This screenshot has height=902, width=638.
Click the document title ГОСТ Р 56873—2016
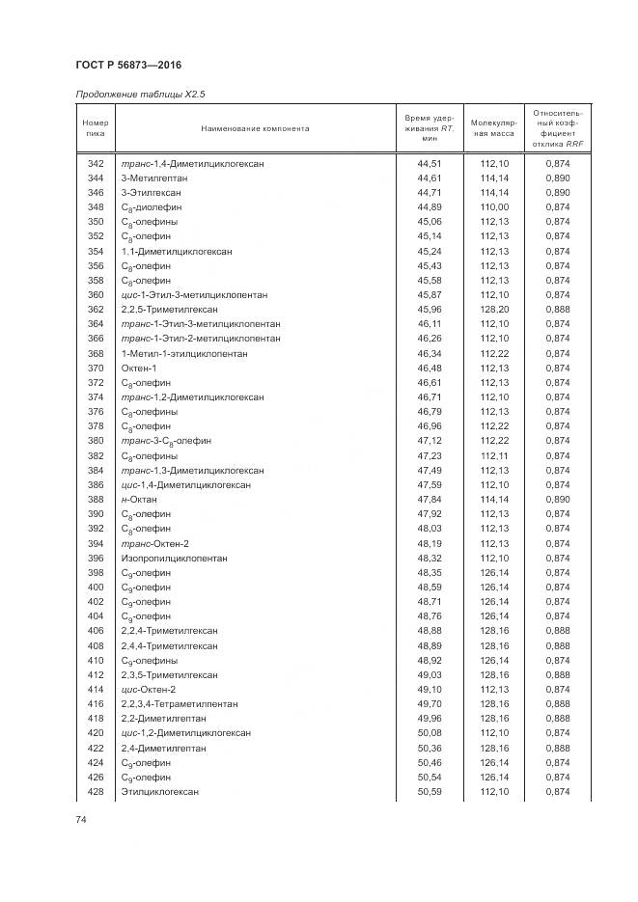[x=127, y=64]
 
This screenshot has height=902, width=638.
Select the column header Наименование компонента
[x=255, y=128]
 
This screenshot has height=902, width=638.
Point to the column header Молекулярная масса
[x=494, y=128]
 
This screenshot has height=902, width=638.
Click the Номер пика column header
[x=95, y=128]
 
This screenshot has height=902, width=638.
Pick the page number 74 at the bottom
[x=81, y=819]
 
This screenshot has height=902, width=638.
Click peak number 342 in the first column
[x=95, y=164]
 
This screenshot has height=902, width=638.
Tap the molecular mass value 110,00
[x=494, y=207]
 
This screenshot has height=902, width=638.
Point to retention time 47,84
[x=430, y=500]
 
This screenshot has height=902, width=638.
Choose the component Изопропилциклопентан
[x=174, y=559]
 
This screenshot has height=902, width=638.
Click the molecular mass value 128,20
[x=494, y=310]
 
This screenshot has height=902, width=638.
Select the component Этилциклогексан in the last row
[x=159, y=792]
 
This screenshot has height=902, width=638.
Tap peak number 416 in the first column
[x=95, y=704]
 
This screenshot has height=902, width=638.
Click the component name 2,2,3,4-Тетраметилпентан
[x=179, y=704]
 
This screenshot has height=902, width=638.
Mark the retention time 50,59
[x=430, y=792]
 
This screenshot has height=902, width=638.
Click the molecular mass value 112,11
[x=494, y=456]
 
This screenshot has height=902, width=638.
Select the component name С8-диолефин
[x=150, y=207]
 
